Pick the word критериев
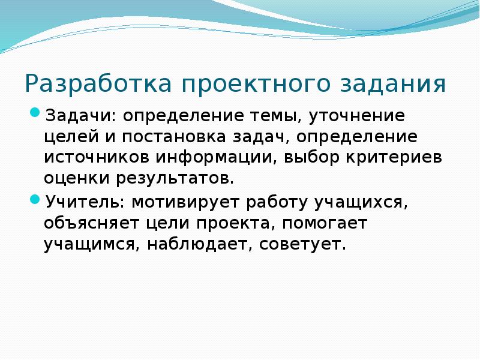click(x=393, y=157)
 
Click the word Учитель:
click(x=83, y=202)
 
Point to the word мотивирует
click(x=184, y=202)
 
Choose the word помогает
click(x=323, y=223)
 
